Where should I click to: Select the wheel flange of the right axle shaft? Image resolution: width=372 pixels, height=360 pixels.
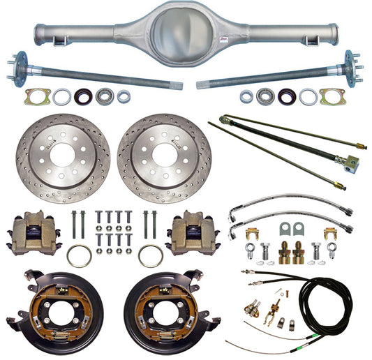pos(351,67)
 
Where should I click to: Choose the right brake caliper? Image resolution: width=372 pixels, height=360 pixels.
pos(191,233)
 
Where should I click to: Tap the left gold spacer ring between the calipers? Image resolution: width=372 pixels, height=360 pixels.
pos(79,255)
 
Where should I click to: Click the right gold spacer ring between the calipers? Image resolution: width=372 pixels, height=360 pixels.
pos(150,255)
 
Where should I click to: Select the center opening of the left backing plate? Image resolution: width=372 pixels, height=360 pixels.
pos(57,305)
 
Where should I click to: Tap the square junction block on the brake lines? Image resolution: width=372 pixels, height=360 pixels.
pos(350,163)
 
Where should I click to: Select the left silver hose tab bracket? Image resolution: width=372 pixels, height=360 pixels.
pos(285,228)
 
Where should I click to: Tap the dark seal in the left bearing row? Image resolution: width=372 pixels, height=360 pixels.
pos(81,96)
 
